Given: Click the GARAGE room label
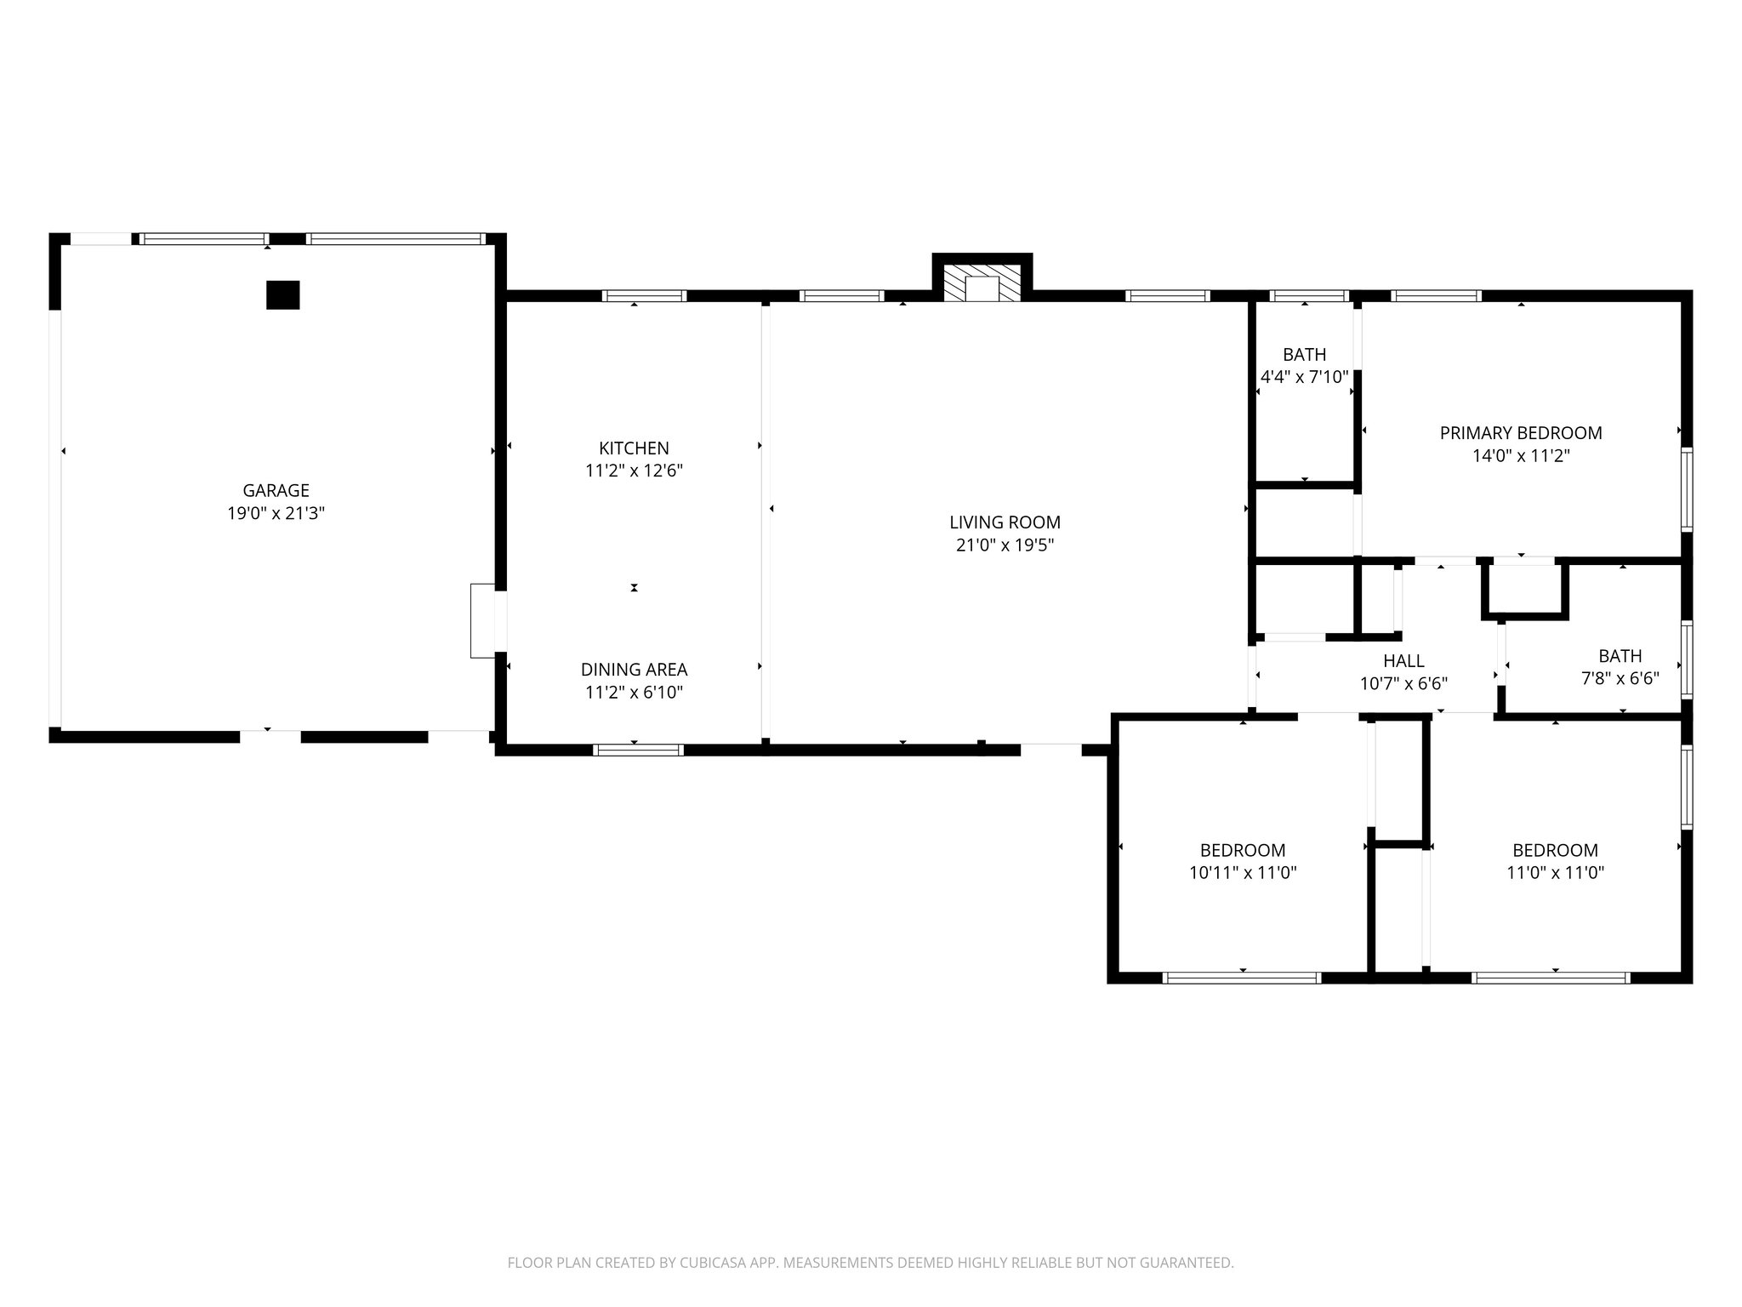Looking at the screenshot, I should [276, 491].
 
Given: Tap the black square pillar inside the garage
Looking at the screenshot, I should [283, 295].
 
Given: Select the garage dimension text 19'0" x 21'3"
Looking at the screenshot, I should [276, 513].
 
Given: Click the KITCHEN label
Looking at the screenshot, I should [634, 448].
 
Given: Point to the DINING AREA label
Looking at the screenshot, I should [634, 670].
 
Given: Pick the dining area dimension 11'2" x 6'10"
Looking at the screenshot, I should [634, 693].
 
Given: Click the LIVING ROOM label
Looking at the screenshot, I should [1005, 522].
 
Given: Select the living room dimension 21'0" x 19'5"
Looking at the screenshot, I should [1005, 545].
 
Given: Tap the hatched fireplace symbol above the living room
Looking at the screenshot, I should [983, 283].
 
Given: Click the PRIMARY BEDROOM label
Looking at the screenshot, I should [1520, 433].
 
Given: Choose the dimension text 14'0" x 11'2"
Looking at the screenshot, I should [1520, 456].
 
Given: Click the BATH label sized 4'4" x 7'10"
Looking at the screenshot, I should [1304, 355].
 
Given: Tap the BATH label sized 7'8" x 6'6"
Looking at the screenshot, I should [1620, 656].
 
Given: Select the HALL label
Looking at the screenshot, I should [1403, 661].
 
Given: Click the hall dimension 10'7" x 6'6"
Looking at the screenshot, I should [1403, 683].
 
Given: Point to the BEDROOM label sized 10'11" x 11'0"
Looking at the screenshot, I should [1242, 850].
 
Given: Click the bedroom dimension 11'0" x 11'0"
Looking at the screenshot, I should [1555, 872].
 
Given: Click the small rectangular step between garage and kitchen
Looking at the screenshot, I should [482, 620].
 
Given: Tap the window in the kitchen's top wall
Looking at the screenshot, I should [644, 296].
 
